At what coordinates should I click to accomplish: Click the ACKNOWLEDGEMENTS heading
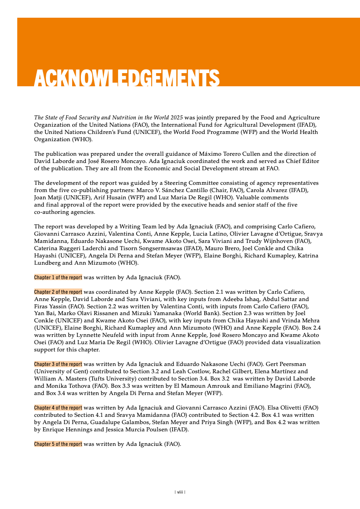pyautogui.click(x=127, y=78)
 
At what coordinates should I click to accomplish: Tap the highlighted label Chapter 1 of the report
pyautogui.click(x=58, y=277)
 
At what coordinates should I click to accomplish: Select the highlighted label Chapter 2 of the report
pyautogui.click(x=58, y=292)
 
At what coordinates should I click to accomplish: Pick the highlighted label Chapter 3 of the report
pyautogui.click(x=58, y=364)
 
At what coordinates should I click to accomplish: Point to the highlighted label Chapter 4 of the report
pyautogui.click(x=58, y=408)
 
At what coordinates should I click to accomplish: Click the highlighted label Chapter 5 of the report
pyautogui.click(x=58, y=444)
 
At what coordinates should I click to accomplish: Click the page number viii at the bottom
pyautogui.click(x=180, y=492)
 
